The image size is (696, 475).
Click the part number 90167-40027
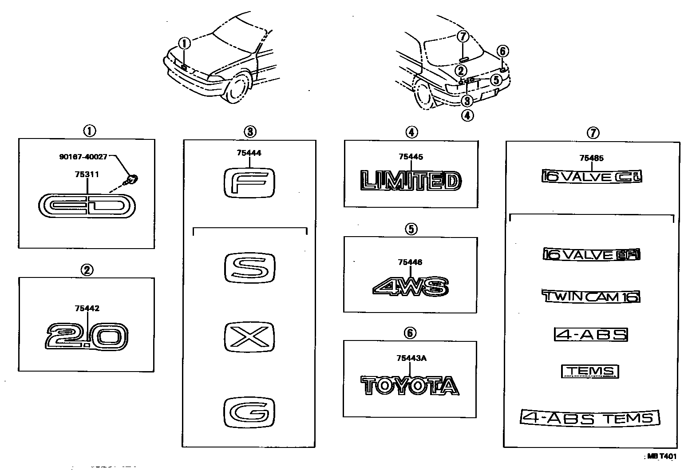tap(83, 157)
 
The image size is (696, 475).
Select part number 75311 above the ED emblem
tap(87, 174)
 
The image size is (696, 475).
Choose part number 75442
tap(87, 308)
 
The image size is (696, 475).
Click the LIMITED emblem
tap(411, 182)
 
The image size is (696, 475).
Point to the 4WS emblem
tap(410, 286)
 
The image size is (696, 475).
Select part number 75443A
tap(411, 359)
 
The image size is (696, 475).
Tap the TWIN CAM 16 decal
tap(591, 296)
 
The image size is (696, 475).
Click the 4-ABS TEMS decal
tap(590, 418)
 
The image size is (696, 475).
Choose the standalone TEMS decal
tap(590, 371)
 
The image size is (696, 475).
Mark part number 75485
tap(592, 158)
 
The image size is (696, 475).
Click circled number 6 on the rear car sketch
tap(502, 51)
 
